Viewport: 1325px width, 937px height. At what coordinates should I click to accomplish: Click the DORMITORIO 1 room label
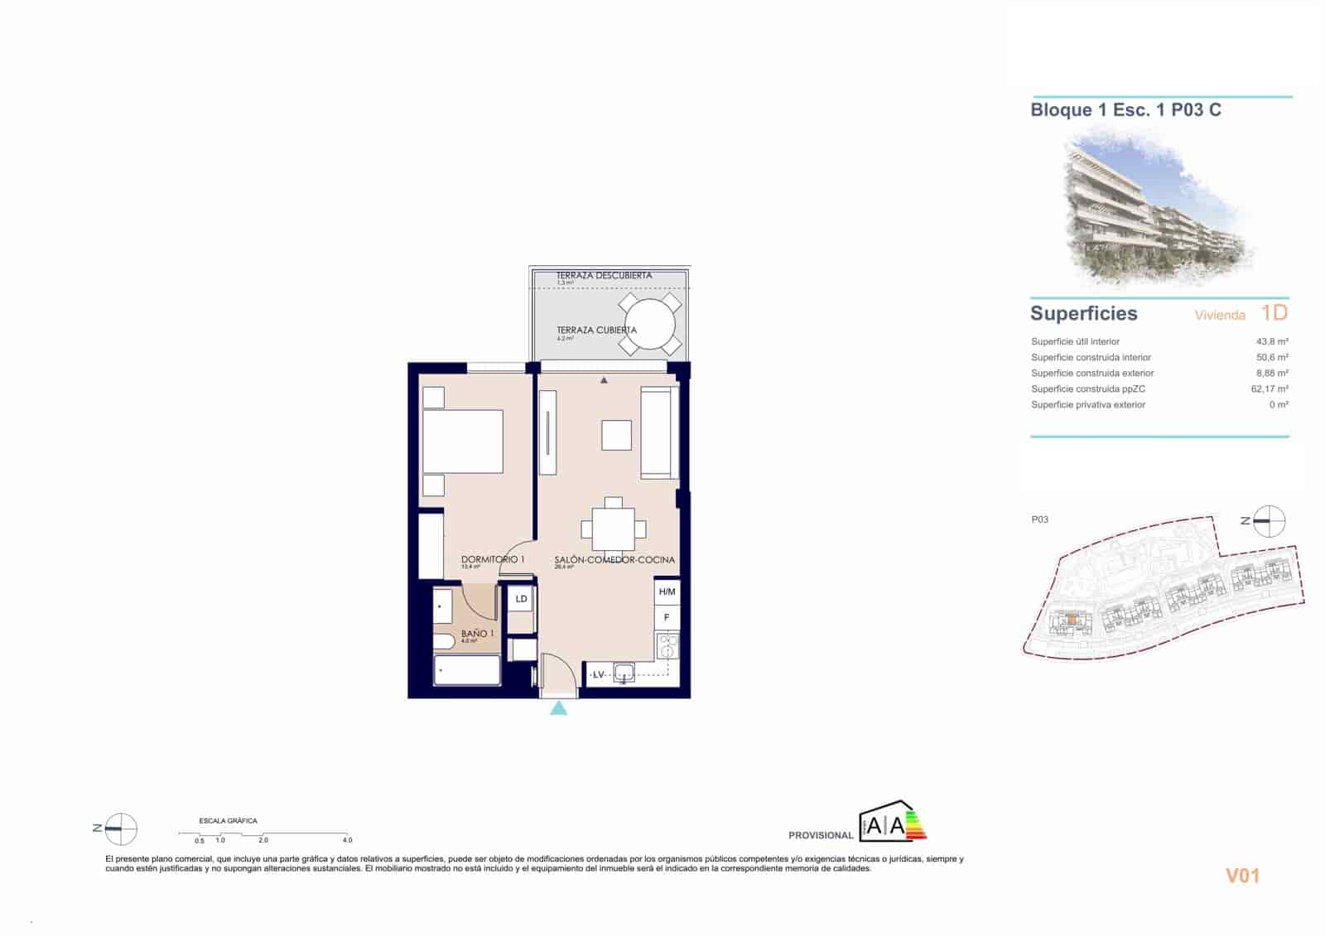pyautogui.click(x=493, y=560)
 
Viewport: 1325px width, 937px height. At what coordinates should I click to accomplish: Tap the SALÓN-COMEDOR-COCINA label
pyautogui.click(x=614, y=560)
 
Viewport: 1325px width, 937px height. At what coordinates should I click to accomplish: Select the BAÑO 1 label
pyautogui.click(x=478, y=634)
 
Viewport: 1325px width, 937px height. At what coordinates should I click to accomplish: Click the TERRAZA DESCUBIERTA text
pyautogui.click(x=604, y=275)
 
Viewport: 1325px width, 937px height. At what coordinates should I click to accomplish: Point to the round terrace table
pyautogui.click(x=650, y=324)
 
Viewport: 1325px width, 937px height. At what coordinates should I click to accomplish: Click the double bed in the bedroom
pyautogui.click(x=463, y=442)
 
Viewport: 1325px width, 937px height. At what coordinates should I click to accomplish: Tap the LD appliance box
pyautogui.click(x=521, y=599)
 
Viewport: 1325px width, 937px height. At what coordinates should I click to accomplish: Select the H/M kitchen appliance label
pyautogui.click(x=667, y=592)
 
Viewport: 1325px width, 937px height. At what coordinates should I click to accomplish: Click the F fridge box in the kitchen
pyautogui.click(x=667, y=618)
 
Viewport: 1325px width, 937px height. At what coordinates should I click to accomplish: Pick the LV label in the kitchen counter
pyautogui.click(x=598, y=675)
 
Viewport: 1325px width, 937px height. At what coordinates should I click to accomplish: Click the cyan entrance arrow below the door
pyautogui.click(x=559, y=708)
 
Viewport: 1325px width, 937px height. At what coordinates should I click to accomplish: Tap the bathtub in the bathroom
pyautogui.click(x=468, y=671)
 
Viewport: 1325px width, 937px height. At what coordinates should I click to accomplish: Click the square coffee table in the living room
pyautogui.click(x=616, y=435)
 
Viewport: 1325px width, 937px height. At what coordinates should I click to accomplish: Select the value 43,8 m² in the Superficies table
pyautogui.click(x=1272, y=341)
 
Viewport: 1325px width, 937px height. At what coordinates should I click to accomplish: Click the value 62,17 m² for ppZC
pyautogui.click(x=1270, y=389)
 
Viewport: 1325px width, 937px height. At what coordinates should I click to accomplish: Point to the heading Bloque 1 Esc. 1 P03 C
pyautogui.click(x=1125, y=110)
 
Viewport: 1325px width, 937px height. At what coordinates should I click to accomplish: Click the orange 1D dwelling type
pyautogui.click(x=1274, y=312)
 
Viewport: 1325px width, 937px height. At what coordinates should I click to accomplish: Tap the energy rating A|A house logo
pyautogui.click(x=891, y=823)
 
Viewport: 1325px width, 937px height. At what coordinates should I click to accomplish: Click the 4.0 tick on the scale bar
pyautogui.click(x=348, y=840)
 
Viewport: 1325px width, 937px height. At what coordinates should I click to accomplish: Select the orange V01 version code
pyautogui.click(x=1242, y=876)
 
